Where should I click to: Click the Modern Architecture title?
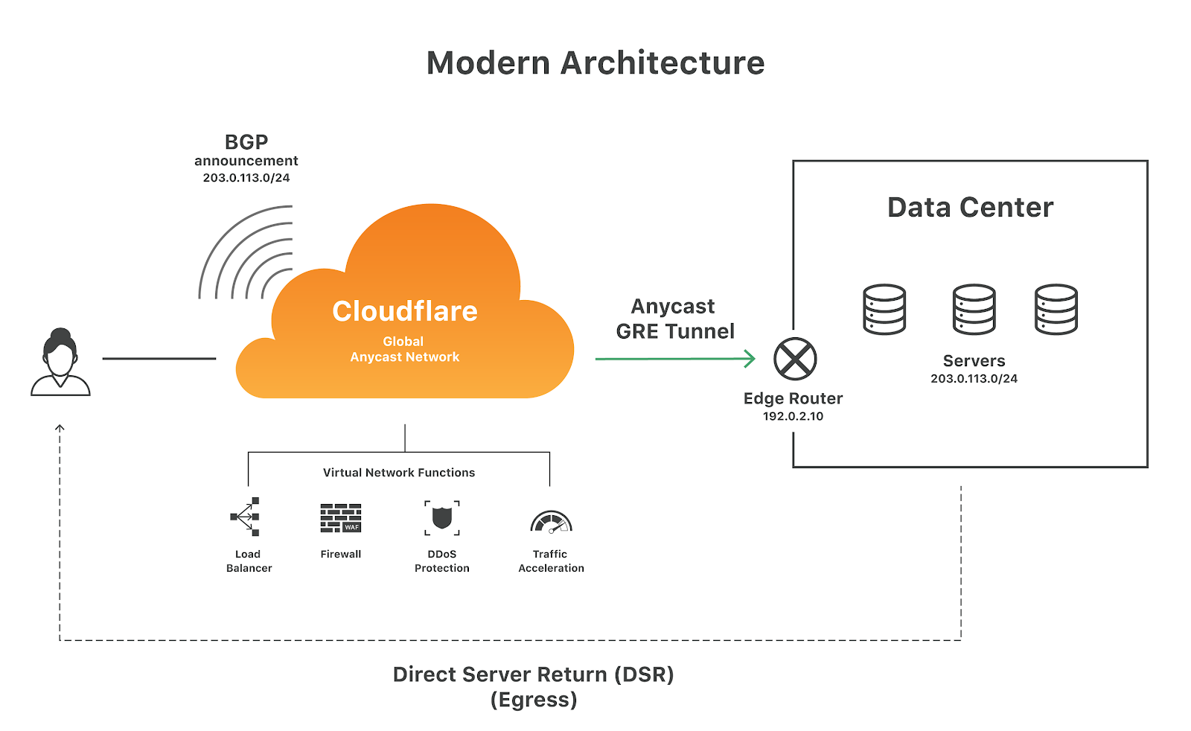coord(595,63)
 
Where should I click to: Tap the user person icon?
coord(60,363)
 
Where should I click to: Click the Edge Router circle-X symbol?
coord(795,359)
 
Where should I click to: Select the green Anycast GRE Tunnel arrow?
coord(674,359)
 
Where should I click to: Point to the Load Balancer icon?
coord(246,517)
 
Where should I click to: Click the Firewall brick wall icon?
coord(341,518)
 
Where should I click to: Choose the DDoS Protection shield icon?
coord(442,517)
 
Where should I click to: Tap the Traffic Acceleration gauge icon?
coord(551,522)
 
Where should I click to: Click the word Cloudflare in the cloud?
coord(405,311)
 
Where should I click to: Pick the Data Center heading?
coord(970,207)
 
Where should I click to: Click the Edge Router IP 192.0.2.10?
coord(793,416)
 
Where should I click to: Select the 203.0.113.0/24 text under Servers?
coord(974,379)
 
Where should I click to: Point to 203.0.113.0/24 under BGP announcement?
coord(246,178)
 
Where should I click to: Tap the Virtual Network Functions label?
coord(399,473)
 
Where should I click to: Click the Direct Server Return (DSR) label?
coord(533,674)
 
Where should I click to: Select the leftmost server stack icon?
coord(884,310)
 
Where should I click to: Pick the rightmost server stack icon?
coord(1056,310)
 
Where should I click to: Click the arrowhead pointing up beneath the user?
coord(60,428)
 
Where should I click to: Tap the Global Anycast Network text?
coord(404,349)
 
